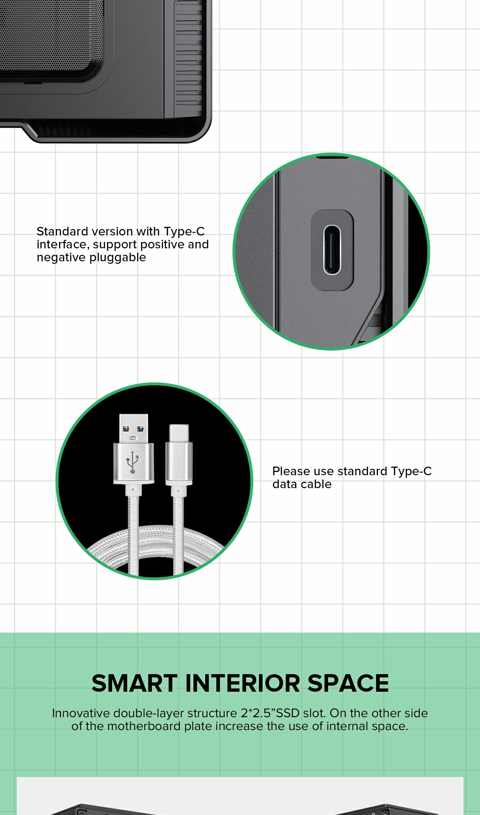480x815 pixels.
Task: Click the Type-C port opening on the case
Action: tap(332, 250)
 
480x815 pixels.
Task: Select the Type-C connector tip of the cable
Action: tap(179, 434)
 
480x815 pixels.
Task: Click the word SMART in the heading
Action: tap(135, 683)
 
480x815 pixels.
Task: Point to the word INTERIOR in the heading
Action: tap(243, 683)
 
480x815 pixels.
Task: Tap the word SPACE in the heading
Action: tap(348, 683)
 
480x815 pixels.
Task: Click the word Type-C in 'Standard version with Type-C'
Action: tap(184, 232)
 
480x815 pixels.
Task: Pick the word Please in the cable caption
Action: tap(291, 471)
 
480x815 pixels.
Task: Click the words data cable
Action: tap(302, 484)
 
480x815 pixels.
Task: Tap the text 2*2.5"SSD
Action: tap(270, 713)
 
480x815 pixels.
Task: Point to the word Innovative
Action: tap(81, 713)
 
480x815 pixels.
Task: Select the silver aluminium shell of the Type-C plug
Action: tap(179, 464)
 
